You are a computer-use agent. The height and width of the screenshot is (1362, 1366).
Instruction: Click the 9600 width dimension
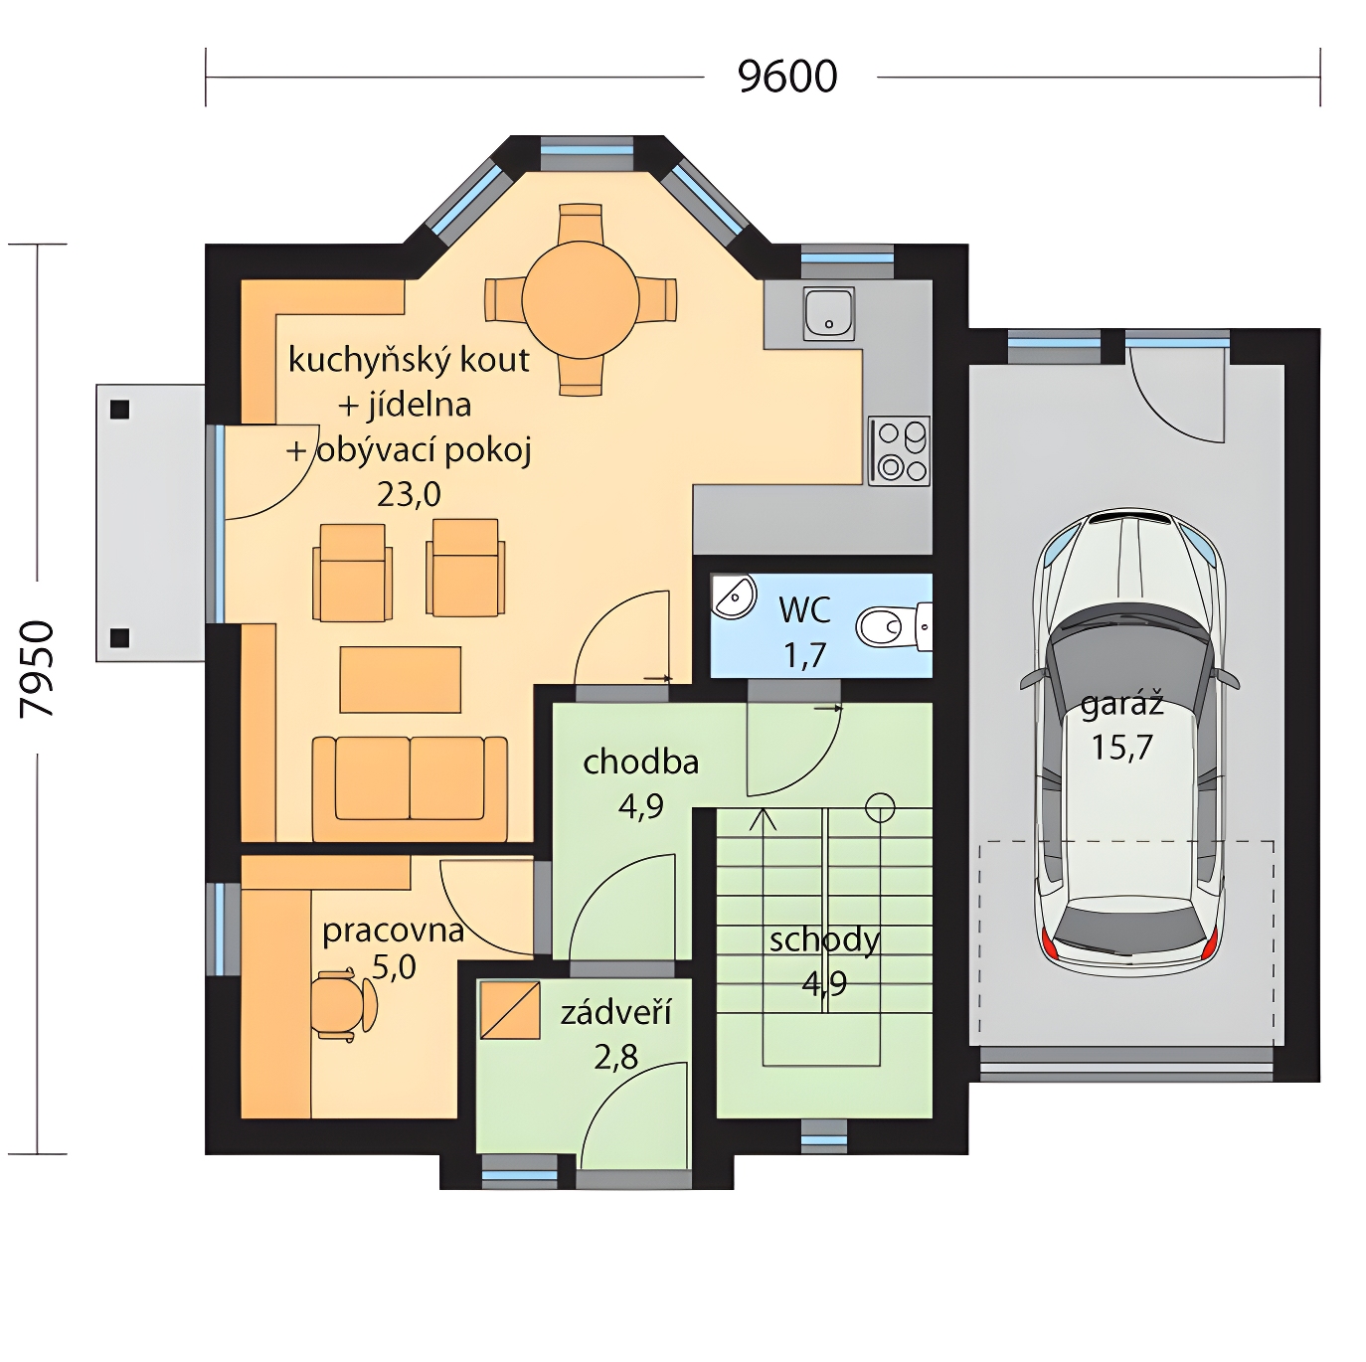click(787, 77)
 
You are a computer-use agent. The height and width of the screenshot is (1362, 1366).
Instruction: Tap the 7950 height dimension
click(37, 670)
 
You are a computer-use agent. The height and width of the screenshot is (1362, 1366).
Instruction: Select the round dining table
click(581, 299)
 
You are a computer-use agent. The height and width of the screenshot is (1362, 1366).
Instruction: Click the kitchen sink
click(829, 313)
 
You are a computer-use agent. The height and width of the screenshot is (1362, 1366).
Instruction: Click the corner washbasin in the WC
click(734, 596)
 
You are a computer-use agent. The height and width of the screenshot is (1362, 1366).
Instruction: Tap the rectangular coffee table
click(401, 679)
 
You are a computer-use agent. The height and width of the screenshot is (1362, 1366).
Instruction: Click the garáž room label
click(1122, 706)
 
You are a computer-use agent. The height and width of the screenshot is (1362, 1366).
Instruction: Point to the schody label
click(824, 940)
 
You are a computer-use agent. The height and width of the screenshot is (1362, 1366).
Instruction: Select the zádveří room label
click(615, 1012)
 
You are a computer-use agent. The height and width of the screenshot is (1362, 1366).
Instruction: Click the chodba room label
click(641, 763)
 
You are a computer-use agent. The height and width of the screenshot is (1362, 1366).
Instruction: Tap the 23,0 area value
click(409, 494)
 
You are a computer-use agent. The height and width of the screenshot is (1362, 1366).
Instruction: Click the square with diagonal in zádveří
click(510, 1010)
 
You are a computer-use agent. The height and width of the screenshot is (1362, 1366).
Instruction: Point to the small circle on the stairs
click(880, 807)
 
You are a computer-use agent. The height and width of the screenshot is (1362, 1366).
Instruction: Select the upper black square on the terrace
click(120, 410)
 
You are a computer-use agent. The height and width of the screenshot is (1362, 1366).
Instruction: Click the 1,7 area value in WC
click(804, 655)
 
